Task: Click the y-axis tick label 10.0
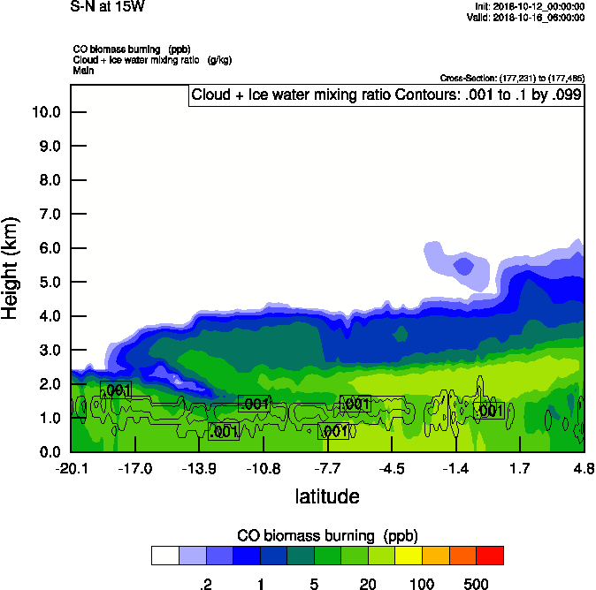click(x=47, y=112)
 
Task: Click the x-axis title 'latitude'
click(x=327, y=495)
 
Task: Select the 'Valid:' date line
click(x=526, y=17)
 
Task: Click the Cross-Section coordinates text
click(x=510, y=78)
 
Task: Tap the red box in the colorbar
click(x=490, y=555)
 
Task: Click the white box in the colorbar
click(x=164, y=555)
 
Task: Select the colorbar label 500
click(x=476, y=584)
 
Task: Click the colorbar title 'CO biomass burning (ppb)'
click(x=327, y=535)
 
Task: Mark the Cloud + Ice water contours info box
click(x=386, y=95)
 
